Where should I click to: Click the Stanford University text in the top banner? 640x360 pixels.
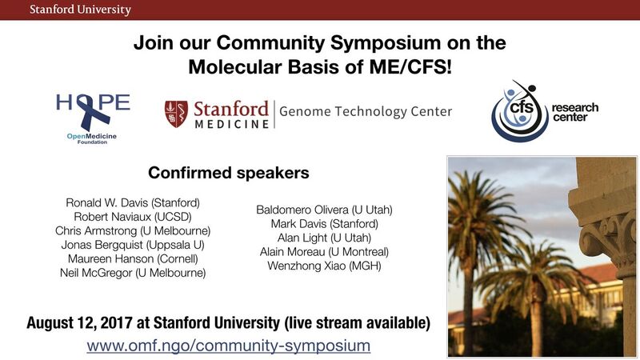[x=80, y=10]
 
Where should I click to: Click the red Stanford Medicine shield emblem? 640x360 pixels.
[x=176, y=114]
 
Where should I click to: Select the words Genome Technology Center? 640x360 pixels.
[x=366, y=111]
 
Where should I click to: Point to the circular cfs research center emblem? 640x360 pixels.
[x=519, y=111]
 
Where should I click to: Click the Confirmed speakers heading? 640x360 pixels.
[x=229, y=173]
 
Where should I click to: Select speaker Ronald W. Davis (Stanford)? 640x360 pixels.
[x=133, y=203]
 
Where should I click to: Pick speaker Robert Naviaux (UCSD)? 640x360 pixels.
[x=133, y=217]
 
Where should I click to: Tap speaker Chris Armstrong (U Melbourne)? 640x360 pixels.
[x=133, y=230]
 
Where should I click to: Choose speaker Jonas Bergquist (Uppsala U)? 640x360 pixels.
[x=133, y=245]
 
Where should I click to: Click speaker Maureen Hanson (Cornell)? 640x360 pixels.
[x=133, y=258]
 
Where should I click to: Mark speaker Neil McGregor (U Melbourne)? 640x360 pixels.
[x=133, y=273]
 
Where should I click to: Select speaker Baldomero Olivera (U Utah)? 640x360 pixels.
[x=325, y=210]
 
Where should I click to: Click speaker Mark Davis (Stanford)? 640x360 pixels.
[x=325, y=224]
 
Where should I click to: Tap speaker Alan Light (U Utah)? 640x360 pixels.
[x=325, y=238]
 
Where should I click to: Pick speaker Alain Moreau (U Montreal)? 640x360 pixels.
[x=325, y=252]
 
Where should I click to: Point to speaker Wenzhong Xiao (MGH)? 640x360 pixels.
[x=325, y=266]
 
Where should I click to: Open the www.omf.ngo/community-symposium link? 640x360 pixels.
[x=229, y=346]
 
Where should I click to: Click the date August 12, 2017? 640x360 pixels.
[x=79, y=323]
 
